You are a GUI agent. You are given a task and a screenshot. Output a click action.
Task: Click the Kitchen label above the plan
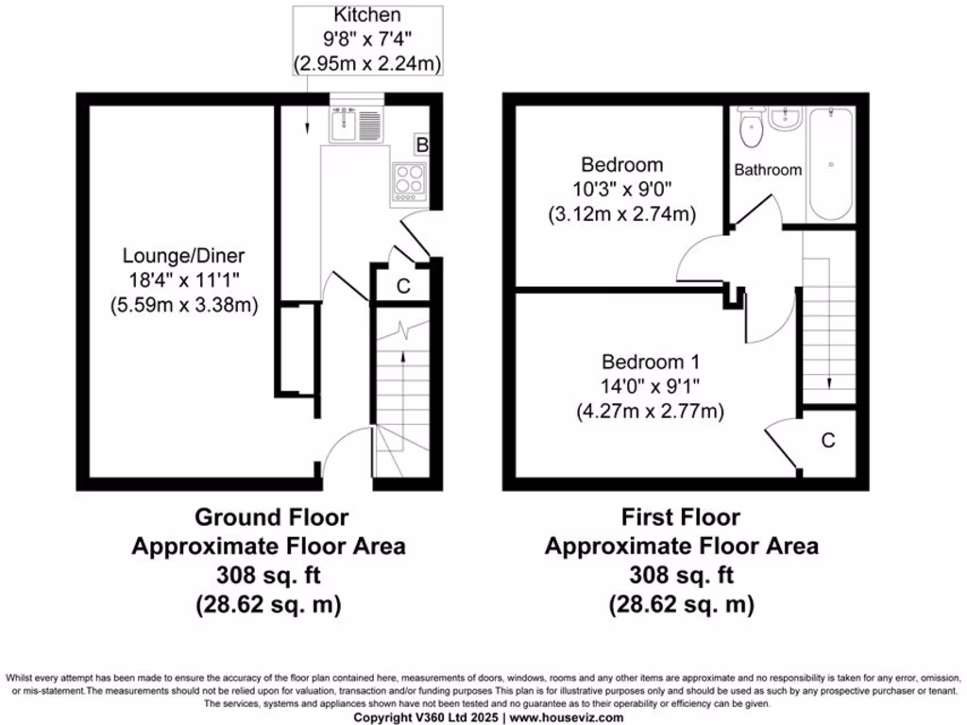[x=367, y=16]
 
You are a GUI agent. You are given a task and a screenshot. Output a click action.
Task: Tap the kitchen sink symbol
[x=356, y=125]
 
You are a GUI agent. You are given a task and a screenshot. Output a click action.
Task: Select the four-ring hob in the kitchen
[x=409, y=179]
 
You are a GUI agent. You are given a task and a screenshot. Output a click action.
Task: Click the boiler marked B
[x=422, y=144]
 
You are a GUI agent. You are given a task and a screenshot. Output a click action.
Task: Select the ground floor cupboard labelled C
[x=403, y=287]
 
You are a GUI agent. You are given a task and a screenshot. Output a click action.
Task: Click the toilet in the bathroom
[x=753, y=130]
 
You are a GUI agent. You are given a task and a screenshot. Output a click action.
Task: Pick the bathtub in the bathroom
[x=831, y=165]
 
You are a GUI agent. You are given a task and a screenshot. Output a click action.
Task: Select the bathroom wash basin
[x=784, y=118]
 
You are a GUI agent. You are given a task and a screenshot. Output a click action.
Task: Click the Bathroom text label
[x=768, y=170]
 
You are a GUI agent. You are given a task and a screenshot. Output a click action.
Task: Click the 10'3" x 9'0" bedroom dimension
[x=621, y=189]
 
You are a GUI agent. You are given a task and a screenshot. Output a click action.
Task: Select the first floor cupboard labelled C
[x=828, y=440]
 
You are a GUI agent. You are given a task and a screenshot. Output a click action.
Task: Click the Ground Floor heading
[x=271, y=517]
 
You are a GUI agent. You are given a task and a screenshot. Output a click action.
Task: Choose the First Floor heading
[x=680, y=517]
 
